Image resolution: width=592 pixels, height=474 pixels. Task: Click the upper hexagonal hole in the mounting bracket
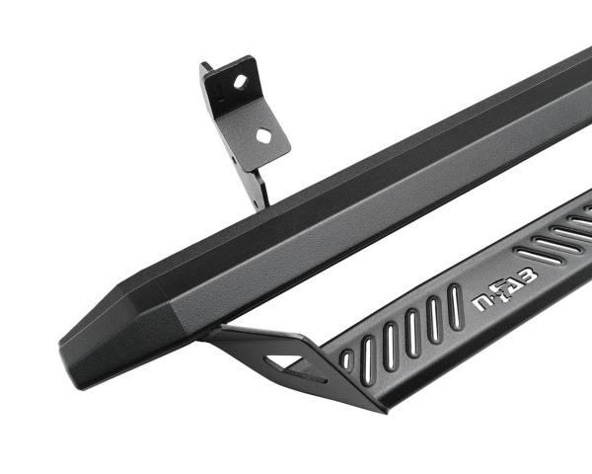click(x=240, y=82)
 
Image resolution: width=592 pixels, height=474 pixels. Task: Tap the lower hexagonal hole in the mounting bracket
click(x=263, y=135)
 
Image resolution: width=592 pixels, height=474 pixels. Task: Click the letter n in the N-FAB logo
click(x=481, y=303)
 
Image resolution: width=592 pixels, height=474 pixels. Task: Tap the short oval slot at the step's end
click(x=347, y=360)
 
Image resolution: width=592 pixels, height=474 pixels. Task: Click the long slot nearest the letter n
click(x=455, y=307)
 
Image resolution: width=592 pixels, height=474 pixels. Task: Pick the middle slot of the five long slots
click(x=411, y=333)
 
